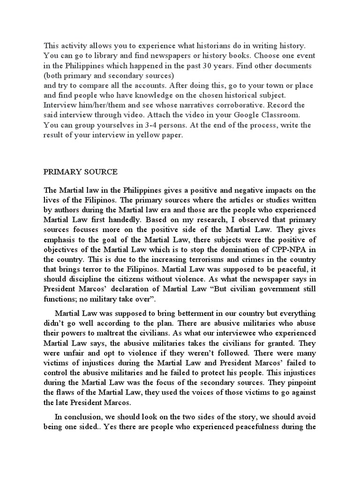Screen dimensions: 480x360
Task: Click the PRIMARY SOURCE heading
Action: pyautogui.click(x=80, y=172)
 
